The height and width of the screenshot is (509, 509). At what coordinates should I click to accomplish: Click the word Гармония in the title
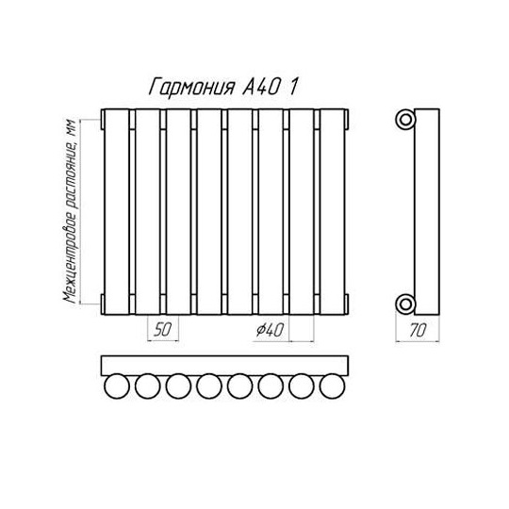point(192,87)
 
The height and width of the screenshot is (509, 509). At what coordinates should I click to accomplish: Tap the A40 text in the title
point(260,87)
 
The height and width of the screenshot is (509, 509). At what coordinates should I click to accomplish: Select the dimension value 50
point(163,330)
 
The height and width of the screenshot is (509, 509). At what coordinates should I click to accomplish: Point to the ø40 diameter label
point(270,330)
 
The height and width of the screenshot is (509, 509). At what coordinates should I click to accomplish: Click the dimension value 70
point(418,331)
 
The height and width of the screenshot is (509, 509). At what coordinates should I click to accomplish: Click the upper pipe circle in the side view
point(405,120)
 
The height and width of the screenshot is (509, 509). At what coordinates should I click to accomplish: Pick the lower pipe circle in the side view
point(405,304)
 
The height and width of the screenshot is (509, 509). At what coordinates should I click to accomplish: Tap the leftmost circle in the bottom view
point(117,386)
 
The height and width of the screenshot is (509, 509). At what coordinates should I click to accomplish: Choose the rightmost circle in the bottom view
point(332,386)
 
